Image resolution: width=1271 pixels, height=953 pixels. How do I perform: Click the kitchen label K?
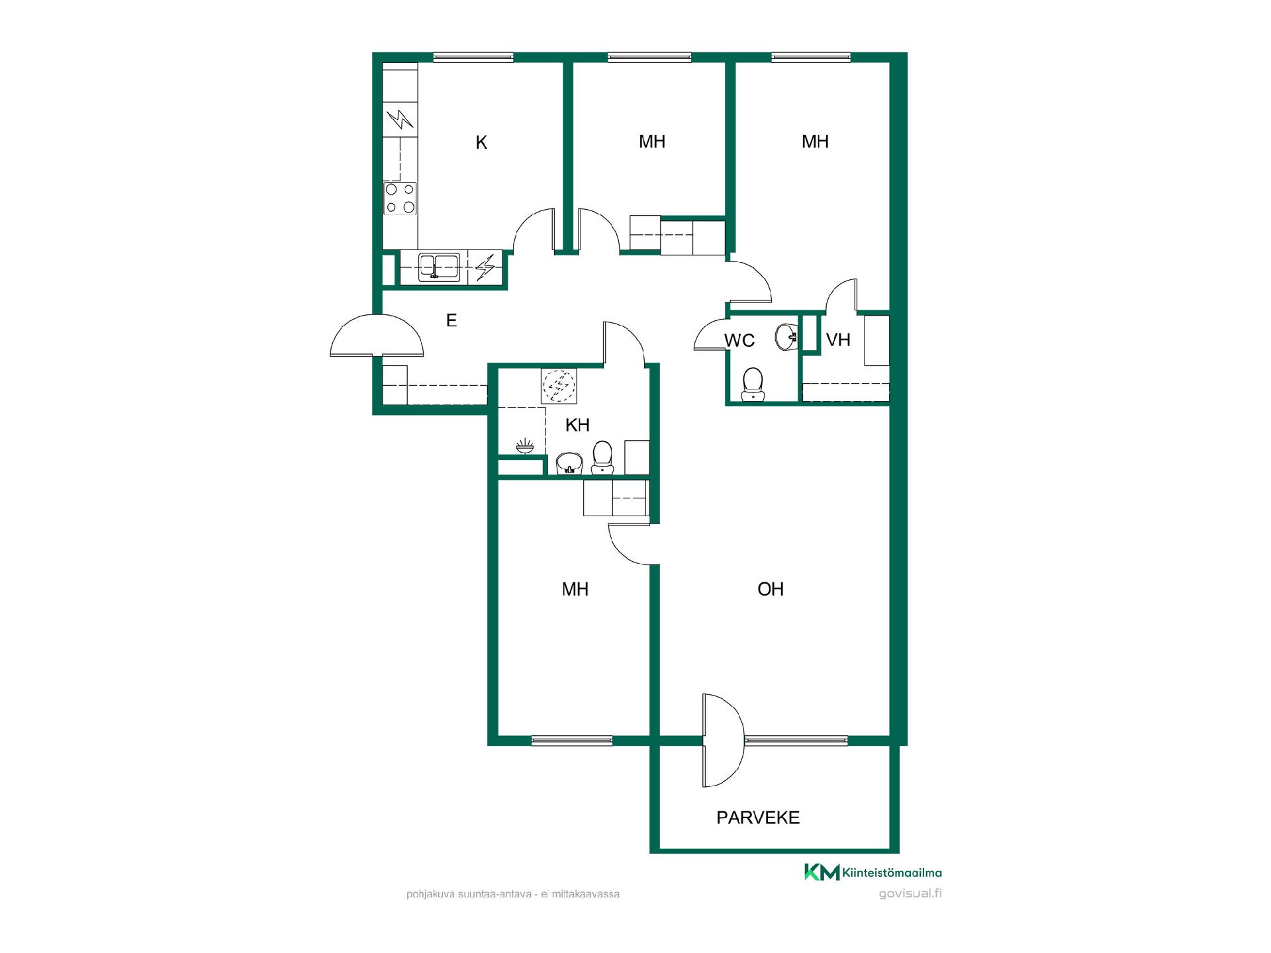click(x=481, y=142)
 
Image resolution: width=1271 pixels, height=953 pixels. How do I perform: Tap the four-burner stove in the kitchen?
click(x=400, y=198)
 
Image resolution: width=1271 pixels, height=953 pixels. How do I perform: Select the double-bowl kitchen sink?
click(x=440, y=267)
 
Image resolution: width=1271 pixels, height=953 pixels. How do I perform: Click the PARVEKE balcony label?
click(x=758, y=817)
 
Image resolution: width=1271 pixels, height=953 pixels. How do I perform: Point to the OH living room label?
click(x=770, y=589)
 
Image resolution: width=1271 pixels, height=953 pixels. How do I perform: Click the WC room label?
click(x=739, y=340)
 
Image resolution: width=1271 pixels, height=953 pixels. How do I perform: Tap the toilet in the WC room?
click(x=752, y=385)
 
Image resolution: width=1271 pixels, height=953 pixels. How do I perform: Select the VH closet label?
click(x=838, y=340)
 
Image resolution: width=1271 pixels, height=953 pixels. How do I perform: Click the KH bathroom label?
click(x=577, y=425)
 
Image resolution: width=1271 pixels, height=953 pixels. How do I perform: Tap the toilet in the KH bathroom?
click(x=602, y=457)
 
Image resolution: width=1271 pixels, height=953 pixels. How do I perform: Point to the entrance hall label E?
click(x=451, y=320)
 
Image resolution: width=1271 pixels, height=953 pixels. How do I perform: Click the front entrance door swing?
click(x=377, y=335)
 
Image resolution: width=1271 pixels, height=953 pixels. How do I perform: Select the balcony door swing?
click(x=724, y=740)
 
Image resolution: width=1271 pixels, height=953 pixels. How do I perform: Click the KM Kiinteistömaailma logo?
click(x=872, y=873)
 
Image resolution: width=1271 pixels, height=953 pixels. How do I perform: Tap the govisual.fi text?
click(x=910, y=893)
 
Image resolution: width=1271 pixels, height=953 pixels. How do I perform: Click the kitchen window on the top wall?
click(x=473, y=58)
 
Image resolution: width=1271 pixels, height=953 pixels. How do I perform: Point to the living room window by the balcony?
click(x=796, y=741)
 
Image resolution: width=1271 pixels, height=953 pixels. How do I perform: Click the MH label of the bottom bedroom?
click(x=575, y=589)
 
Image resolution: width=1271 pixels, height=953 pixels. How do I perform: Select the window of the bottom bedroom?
click(x=572, y=741)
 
